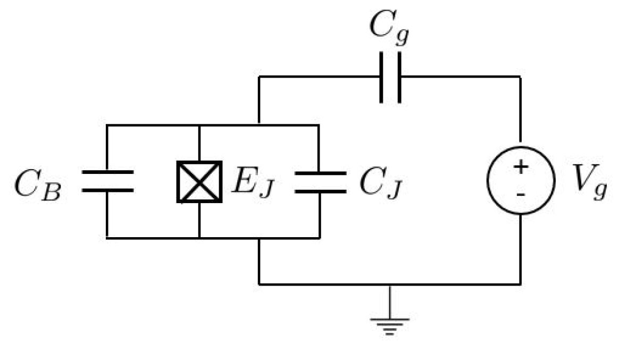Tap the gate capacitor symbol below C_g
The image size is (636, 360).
[x=390, y=77]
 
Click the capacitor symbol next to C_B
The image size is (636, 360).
[x=107, y=181]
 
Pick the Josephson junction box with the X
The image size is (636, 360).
[x=199, y=182]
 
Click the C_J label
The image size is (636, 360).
[x=380, y=184]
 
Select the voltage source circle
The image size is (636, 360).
[x=521, y=180]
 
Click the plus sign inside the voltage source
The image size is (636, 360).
[x=521, y=167]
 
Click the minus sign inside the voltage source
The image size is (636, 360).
[x=521, y=195]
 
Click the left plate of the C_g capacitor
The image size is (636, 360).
[x=382, y=77]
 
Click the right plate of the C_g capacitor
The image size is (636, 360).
[x=399, y=77]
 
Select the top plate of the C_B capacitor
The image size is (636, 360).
[x=107, y=173]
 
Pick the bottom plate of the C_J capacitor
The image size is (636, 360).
[x=320, y=190]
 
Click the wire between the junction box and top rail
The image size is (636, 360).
[x=199, y=143]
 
